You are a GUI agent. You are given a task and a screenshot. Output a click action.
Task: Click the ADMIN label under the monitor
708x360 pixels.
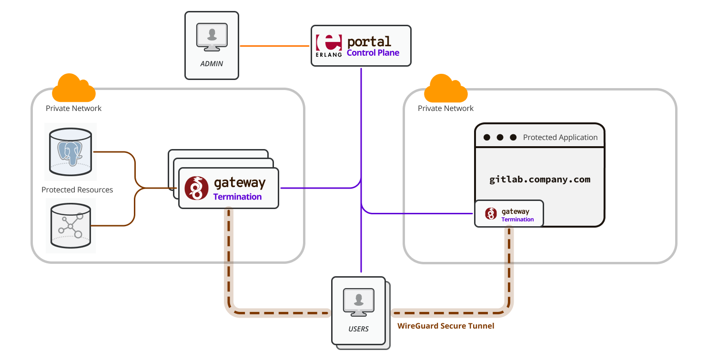pos(212,64)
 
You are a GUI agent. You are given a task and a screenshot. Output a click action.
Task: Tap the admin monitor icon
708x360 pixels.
pos(212,37)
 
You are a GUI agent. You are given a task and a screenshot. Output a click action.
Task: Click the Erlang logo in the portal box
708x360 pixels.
pos(329,46)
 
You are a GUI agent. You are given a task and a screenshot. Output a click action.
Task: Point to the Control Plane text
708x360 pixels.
pos(373,53)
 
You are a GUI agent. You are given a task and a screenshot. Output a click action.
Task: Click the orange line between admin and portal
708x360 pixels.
pos(274,46)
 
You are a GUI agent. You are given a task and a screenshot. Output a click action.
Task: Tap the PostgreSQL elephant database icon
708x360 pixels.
pos(71,151)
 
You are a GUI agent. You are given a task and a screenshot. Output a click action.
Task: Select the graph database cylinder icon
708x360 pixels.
pos(71,225)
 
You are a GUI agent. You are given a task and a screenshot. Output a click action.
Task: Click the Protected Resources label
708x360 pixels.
pos(77,190)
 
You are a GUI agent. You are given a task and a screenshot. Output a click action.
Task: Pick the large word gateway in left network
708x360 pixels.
pos(240,183)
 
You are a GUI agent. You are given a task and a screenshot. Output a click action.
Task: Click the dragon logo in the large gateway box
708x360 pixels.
pos(196,188)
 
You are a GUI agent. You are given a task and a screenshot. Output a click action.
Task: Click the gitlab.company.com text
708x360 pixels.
pos(540,180)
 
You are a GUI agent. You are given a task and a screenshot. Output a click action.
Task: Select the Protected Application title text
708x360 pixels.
pos(560,137)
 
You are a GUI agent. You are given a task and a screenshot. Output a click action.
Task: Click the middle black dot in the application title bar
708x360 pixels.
pos(500,137)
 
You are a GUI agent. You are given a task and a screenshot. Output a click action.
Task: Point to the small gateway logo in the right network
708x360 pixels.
pos(491,213)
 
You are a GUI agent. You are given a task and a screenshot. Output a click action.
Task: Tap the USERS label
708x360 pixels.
pos(358,329)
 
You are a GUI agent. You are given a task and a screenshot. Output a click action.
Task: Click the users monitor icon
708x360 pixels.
pos(358,302)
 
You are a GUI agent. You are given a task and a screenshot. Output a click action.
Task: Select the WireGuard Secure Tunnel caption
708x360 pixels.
pos(445,326)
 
